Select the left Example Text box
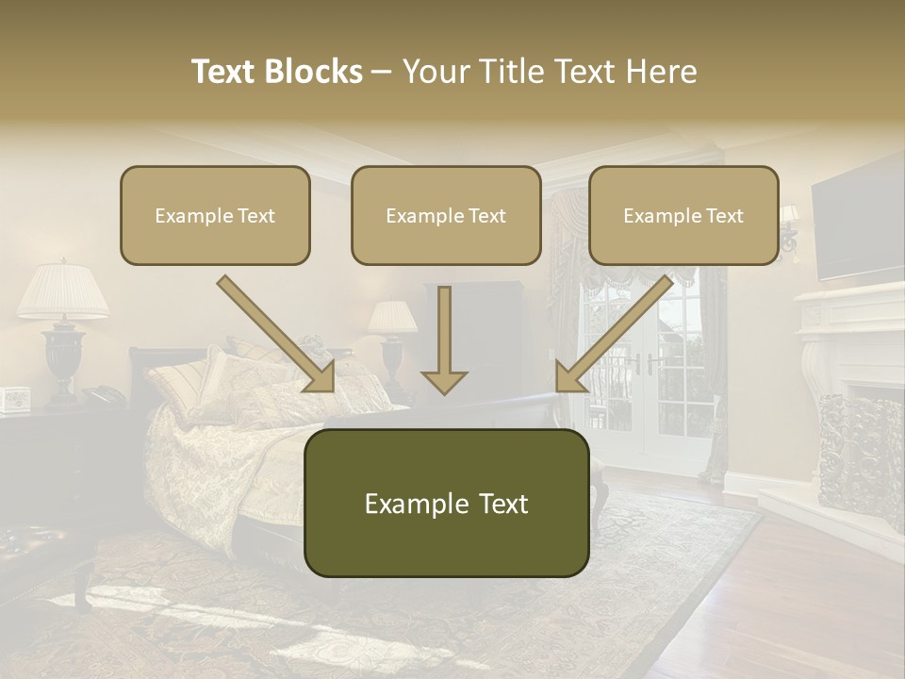215,215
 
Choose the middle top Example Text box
446,215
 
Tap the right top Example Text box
683,215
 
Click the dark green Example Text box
446,503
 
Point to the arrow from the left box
278,335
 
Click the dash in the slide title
383,72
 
